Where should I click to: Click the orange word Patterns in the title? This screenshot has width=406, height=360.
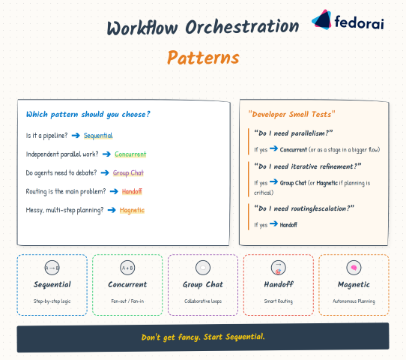point(203,58)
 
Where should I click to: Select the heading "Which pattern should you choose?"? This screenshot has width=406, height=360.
point(88,114)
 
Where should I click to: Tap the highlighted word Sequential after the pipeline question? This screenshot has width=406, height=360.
point(98,136)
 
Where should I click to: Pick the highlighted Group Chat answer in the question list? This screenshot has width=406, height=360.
point(128,172)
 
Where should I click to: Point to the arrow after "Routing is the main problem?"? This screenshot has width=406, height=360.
point(115,191)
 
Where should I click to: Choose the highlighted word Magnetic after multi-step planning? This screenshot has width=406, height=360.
point(132,210)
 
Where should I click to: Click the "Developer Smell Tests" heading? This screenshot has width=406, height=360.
point(291,114)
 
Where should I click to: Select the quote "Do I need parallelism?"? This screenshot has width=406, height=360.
point(294,133)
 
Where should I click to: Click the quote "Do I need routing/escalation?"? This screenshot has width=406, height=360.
point(304,207)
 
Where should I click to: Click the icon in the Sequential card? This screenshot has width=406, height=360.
point(52,268)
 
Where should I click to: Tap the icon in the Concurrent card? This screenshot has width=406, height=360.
point(127,268)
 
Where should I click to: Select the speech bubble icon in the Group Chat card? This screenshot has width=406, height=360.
point(203,268)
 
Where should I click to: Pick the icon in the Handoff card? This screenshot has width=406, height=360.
point(278,268)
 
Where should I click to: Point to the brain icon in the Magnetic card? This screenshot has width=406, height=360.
point(354,268)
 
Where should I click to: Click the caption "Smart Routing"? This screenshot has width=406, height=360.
point(278,301)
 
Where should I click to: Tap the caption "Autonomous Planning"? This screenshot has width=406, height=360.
point(354,301)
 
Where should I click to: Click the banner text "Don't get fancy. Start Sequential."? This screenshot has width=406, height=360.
point(203,337)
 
